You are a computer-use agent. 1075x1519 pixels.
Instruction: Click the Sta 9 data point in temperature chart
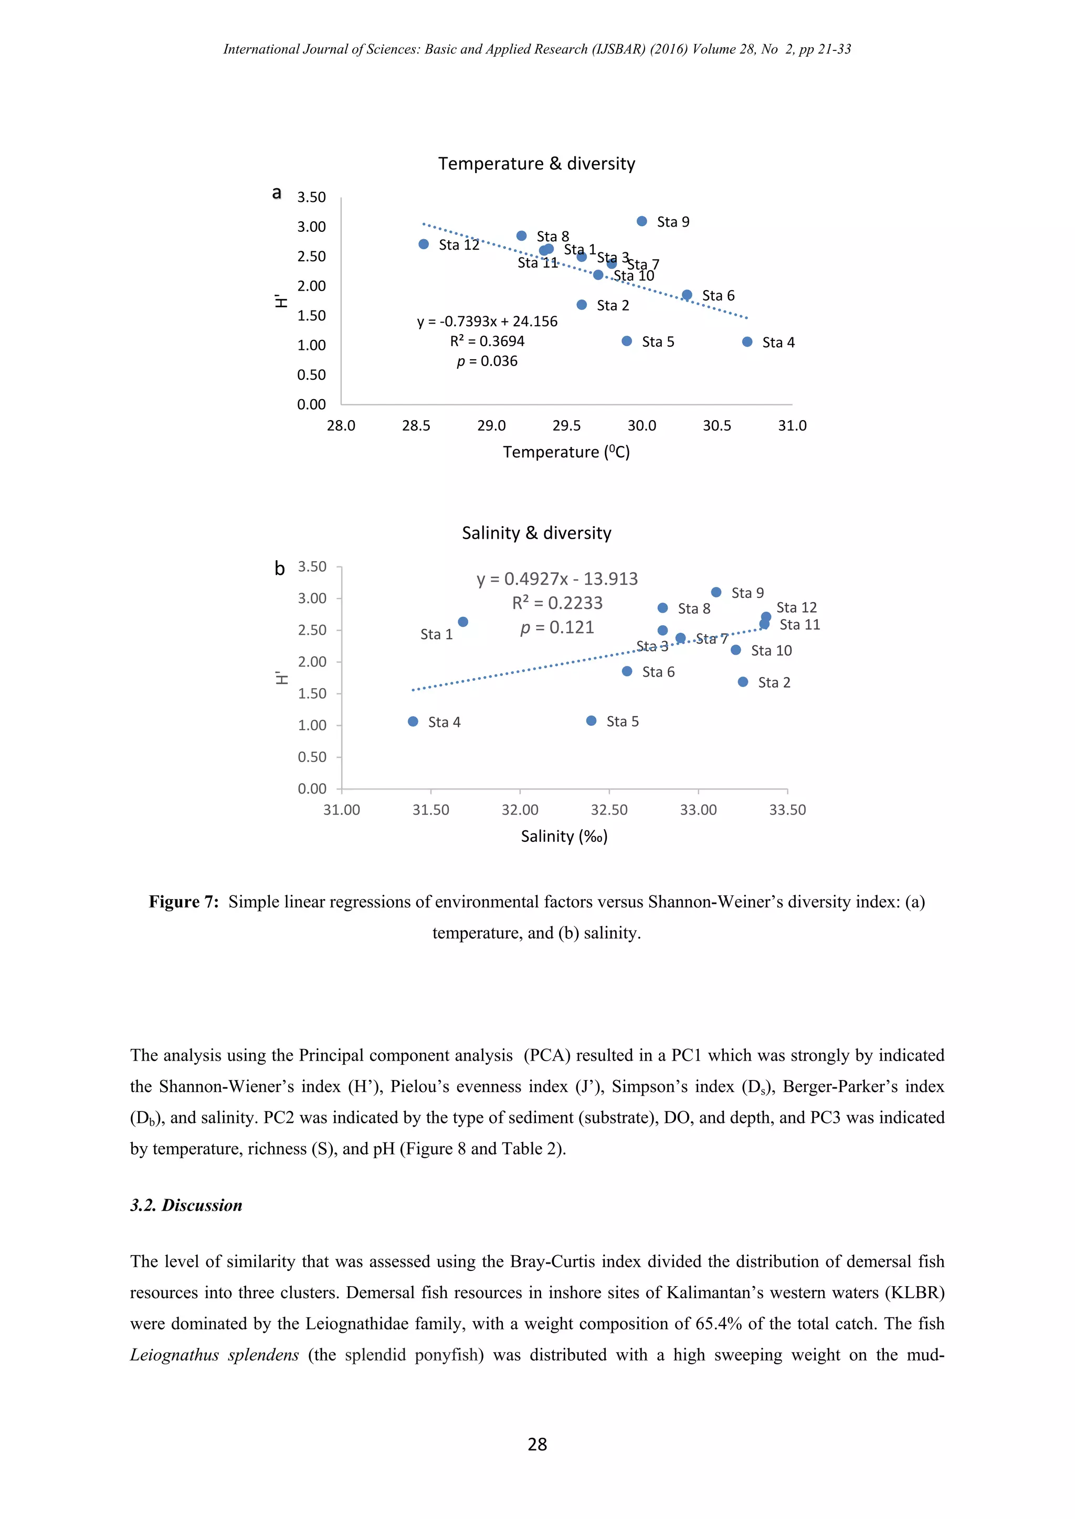[641, 221]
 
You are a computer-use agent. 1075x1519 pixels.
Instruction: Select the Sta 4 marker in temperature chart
[747, 341]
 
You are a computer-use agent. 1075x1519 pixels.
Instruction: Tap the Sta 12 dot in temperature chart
[424, 244]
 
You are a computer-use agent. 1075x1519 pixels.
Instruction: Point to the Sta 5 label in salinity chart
[622, 721]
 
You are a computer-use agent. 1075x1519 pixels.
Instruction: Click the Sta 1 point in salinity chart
[462, 622]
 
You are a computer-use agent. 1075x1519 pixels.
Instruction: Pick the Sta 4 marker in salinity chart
[413, 721]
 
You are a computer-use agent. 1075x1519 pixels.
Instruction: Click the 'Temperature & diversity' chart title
[536, 164]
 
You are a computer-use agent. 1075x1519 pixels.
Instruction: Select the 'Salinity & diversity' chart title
[536, 532]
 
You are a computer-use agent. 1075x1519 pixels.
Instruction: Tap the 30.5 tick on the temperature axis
[717, 425]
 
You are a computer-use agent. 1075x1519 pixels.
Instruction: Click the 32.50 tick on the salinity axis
[609, 810]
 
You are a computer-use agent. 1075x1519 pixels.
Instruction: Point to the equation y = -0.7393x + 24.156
[487, 322]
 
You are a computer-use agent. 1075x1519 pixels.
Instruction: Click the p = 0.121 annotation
[557, 627]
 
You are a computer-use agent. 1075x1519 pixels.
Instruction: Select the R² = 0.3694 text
[487, 341]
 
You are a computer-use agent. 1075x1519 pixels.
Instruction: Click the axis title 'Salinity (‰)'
[564, 836]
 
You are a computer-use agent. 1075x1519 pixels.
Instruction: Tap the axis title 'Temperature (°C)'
[566, 452]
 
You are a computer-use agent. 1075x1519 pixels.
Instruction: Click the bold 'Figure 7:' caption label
[183, 902]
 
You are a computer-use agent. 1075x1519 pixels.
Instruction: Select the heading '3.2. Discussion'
[186, 1205]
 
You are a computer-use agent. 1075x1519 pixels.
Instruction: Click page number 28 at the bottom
[537, 1444]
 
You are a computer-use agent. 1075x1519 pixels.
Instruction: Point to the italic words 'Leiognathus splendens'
[215, 1354]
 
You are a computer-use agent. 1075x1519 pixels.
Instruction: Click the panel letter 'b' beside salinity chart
[279, 568]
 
